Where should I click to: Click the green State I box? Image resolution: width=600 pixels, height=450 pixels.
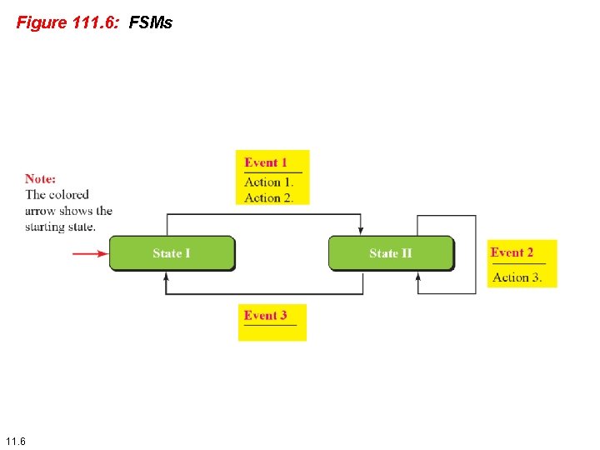pos(172,253)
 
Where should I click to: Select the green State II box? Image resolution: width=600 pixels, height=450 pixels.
pos(391,253)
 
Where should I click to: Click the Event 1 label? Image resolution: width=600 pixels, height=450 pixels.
pos(266,162)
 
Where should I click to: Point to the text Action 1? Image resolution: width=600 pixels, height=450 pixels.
pos(268,182)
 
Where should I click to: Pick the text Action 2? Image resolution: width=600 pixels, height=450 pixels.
pos(268,197)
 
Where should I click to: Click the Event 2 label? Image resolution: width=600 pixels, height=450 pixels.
pos(512,252)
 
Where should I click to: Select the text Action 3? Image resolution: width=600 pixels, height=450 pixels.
pos(517,277)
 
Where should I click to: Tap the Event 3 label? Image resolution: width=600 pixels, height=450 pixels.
pos(265,315)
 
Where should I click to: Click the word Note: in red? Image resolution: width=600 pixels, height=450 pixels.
pos(41,178)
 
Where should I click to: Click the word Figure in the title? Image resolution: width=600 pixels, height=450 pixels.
pos(41,22)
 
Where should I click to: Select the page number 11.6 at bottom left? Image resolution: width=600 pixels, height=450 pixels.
pos(15,440)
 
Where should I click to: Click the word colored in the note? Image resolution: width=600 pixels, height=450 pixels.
pos(69,194)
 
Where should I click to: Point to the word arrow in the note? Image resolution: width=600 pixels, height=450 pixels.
pos(41,211)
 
